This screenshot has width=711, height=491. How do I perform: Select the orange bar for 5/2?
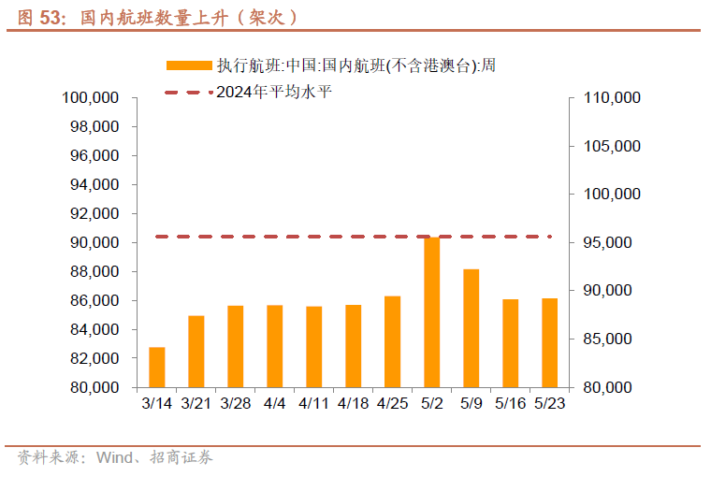(x=431, y=312)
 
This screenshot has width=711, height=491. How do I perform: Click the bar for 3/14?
(x=157, y=367)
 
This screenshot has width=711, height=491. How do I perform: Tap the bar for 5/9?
(x=471, y=328)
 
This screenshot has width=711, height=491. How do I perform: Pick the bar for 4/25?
(x=392, y=341)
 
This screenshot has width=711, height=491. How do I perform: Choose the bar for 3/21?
(x=196, y=352)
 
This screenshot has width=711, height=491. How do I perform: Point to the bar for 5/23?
(x=549, y=343)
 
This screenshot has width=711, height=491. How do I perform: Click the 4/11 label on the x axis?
(x=313, y=403)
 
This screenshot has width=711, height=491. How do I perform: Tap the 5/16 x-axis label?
(x=511, y=403)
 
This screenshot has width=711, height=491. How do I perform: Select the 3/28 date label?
(x=235, y=403)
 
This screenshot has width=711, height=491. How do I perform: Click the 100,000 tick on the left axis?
(x=91, y=97)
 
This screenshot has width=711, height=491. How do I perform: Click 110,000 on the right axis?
(x=611, y=97)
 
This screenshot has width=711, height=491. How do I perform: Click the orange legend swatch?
(x=189, y=65)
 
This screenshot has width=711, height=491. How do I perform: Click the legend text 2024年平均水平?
(x=273, y=92)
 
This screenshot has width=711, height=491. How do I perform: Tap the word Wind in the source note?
(x=112, y=457)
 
